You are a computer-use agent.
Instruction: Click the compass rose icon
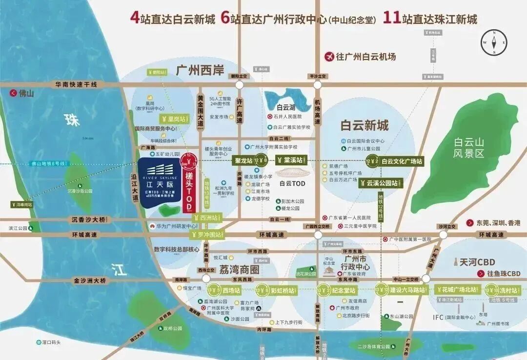click(494, 42)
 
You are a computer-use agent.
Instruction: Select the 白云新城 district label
click(365, 125)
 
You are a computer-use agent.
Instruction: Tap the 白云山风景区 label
click(468, 147)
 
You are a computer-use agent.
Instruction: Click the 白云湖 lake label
click(286, 107)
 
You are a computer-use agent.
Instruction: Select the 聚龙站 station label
click(243, 160)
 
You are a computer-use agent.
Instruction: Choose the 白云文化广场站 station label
click(401, 160)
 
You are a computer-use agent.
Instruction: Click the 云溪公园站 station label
click(380, 184)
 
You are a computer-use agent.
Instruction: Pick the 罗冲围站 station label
click(207, 235)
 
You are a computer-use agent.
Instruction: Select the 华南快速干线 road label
click(76, 84)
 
